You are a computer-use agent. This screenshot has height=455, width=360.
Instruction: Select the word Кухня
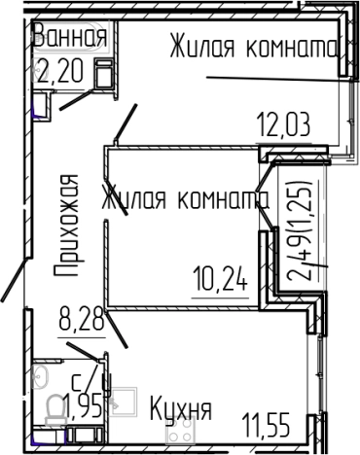(x=180, y=409)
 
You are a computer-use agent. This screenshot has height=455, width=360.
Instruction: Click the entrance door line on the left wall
(x=13, y=282)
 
